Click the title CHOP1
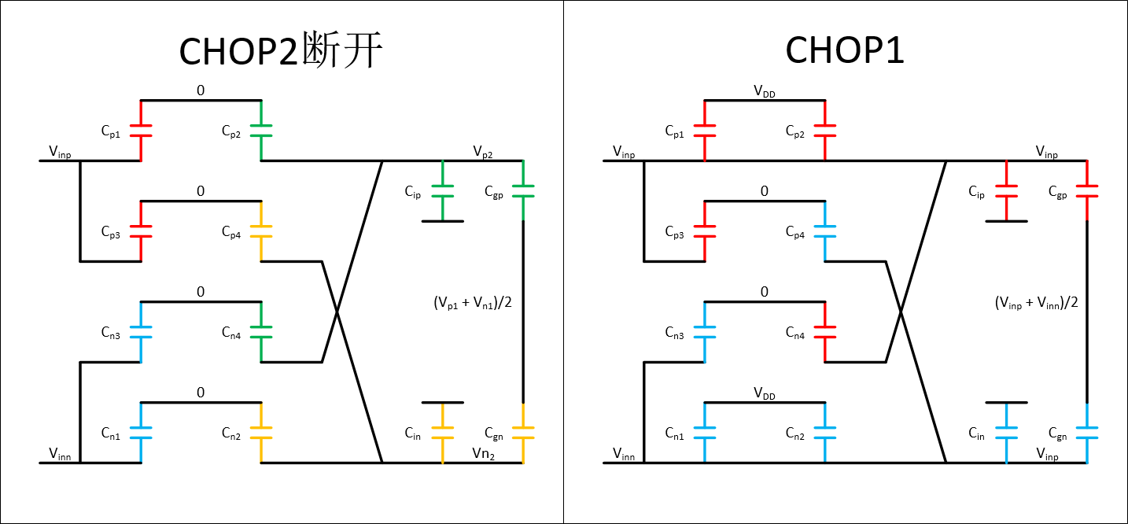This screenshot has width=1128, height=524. pyautogui.click(x=845, y=51)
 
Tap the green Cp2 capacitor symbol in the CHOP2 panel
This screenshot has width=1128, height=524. pyautogui.click(x=260, y=131)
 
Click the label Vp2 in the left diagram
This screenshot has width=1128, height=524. pyautogui.click(x=482, y=151)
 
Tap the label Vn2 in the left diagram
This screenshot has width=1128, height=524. pyautogui.click(x=483, y=453)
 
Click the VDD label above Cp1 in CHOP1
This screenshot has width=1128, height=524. pyautogui.click(x=764, y=91)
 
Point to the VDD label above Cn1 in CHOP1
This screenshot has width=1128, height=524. pyautogui.click(x=764, y=393)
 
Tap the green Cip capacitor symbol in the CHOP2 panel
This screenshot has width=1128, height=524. pyautogui.click(x=443, y=191)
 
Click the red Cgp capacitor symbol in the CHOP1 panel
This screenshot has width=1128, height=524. pyautogui.click(x=1086, y=191)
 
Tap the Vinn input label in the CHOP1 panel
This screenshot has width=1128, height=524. pyautogui.click(x=625, y=453)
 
